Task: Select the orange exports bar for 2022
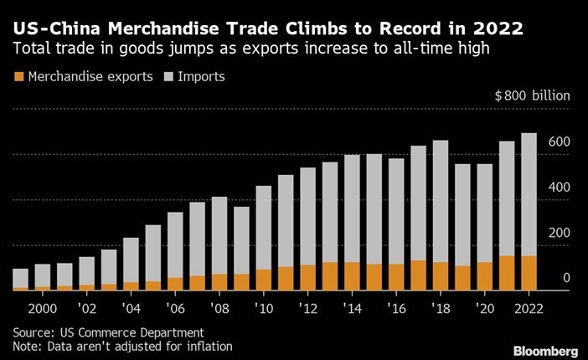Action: [x=529, y=273]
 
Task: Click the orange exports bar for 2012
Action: [x=307, y=277]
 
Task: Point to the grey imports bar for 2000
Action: [x=42, y=275]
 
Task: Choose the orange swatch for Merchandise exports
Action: [x=18, y=77]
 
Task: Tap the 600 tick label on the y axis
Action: [x=560, y=142]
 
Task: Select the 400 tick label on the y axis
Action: [x=560, y=188]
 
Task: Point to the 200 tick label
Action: [x=560, y=233]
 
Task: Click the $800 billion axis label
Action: [x=533, y=96]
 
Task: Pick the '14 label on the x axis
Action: [x=352, y=306]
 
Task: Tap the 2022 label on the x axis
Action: [x=529, y=306]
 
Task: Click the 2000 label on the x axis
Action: [x=42, y=306]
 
